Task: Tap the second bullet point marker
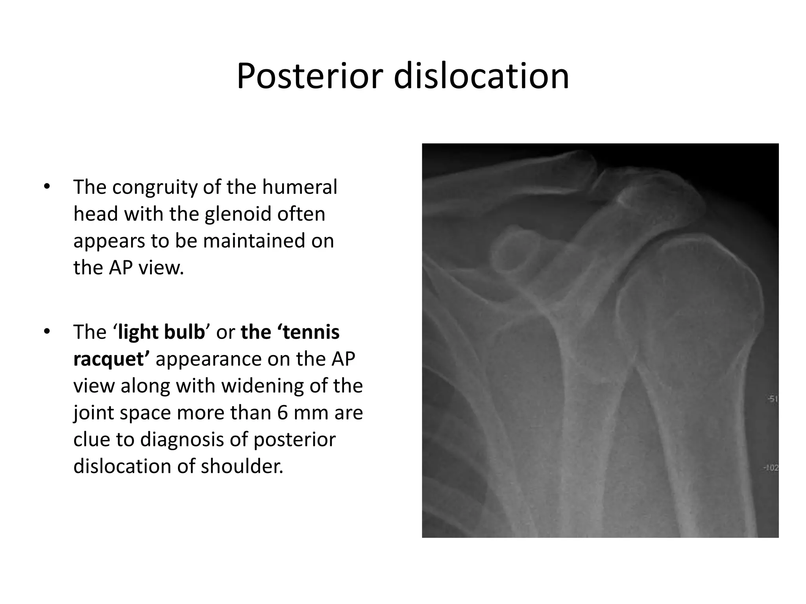pos(47,331)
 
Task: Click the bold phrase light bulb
pos(161,332)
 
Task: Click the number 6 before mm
pos(282,412)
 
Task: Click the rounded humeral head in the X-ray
pos(685,299)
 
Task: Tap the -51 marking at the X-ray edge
pos(772,400)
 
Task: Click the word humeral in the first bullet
pos(299,187)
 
